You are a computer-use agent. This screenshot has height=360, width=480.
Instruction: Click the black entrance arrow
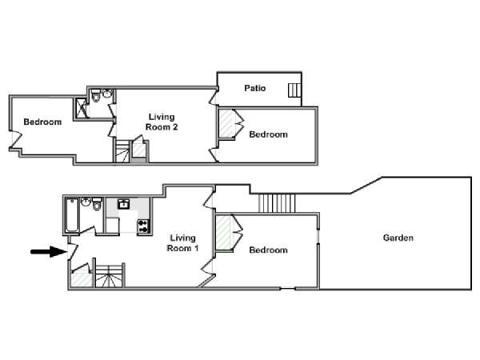[x=49, y=252]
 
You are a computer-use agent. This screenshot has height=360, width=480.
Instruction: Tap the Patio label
[x=254, y=88]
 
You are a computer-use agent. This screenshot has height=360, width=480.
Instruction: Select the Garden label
[x=398, y=238]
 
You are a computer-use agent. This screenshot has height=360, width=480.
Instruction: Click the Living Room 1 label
[x=182, y=242]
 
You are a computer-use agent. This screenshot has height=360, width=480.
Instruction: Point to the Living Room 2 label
[x=162, y=122]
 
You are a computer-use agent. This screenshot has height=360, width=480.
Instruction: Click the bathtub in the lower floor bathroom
[x=73, y=215]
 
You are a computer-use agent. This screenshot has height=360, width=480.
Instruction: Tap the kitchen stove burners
[x=143, y=226]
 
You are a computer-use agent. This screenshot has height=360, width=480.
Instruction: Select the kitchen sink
[x=124, y=203]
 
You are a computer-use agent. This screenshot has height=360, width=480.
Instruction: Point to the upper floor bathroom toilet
[x=96, y=95]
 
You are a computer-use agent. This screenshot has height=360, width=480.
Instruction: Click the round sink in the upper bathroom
[x=107, y=94]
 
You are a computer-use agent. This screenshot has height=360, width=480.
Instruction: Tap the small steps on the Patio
[x=294, y=90]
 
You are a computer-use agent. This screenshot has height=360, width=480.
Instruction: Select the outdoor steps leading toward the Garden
[x=277, y=203]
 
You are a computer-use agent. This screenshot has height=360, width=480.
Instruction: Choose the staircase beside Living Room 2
[x=122, y=151]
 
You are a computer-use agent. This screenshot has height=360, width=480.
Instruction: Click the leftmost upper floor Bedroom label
[x=42, y=122]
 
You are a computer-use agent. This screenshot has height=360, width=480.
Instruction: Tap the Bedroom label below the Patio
[x=268, y=134]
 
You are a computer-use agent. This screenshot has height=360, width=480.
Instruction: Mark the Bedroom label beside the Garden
[x=268, y=250]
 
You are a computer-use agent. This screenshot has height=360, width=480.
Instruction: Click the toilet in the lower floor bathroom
[x=97, y=203]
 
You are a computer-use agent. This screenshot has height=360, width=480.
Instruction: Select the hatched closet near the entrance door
[x=82, y=279]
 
